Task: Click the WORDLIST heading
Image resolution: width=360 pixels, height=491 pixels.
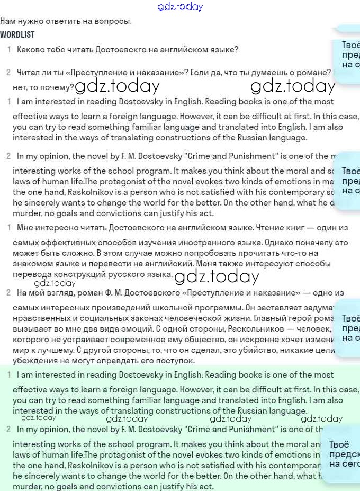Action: pyautogui.click(x=17, y=35)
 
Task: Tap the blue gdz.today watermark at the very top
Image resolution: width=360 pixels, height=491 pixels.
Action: pyautogui.click(x=180, y=7)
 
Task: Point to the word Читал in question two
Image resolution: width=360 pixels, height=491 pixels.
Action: pyautogui.click(x=28, y=73)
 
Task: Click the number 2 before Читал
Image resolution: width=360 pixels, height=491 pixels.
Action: pyautogui.click(x=8, y=73)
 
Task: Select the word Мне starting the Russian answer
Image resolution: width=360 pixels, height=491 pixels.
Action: pyautogui.click(x=25, y=228)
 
